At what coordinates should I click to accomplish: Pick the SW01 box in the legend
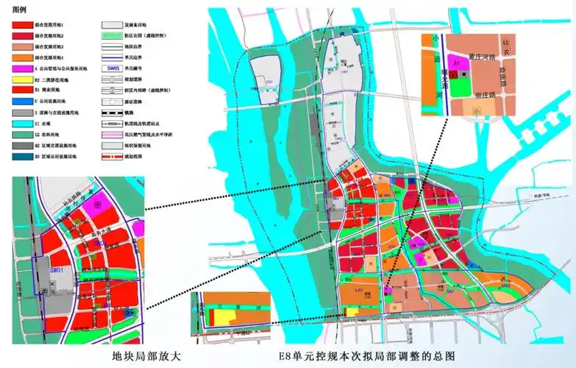pos(112,67)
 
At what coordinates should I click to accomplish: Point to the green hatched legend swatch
pos(112,34)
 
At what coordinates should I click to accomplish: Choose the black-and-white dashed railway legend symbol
pos(112,113)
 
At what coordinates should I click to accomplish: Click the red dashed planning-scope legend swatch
pos(112,158)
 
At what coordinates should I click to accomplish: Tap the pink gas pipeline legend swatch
pos(112,135)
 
